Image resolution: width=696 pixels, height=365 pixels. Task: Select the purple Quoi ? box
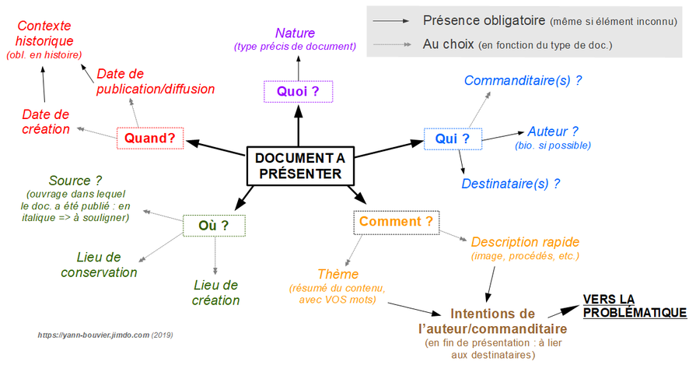298,91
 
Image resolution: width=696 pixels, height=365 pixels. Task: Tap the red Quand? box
149,139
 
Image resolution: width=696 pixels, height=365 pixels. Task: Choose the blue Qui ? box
453,139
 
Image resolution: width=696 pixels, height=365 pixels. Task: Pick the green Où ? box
214,226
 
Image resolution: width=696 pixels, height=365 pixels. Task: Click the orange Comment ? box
396,222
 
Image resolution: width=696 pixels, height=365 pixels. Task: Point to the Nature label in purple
295,33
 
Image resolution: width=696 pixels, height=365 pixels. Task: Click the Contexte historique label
44,33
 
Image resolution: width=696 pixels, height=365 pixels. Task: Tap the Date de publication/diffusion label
156,81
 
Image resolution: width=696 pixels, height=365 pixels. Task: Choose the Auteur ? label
553,132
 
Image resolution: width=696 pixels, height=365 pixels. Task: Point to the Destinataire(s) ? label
510,184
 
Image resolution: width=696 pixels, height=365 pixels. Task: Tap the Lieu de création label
215,293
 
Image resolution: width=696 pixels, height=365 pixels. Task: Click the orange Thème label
338,274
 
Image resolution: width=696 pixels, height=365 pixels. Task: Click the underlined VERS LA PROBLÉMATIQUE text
635,306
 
